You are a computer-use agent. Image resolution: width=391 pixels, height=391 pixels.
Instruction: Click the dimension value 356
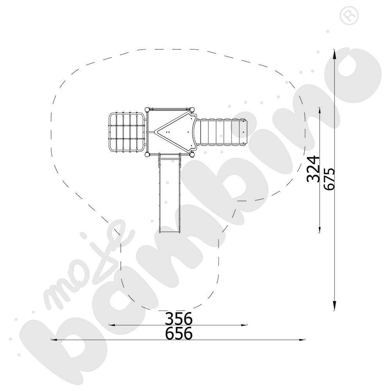coord(179,318)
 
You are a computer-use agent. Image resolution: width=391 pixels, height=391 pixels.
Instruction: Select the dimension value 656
coord(179,333)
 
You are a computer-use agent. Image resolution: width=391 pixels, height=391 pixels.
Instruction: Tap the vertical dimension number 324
coord(313,169)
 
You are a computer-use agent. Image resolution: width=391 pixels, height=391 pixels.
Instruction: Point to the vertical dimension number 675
coord(329,179)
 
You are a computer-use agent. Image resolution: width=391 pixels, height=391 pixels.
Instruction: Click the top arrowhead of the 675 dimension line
coord(334,54)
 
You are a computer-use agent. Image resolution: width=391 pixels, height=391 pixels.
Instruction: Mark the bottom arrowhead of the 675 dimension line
coord(334,306)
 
